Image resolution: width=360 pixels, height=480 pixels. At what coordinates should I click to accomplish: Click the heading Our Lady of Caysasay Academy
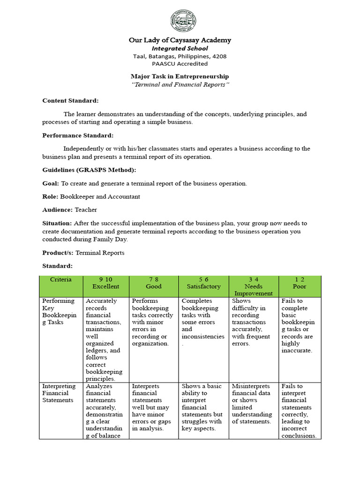coord(180,40)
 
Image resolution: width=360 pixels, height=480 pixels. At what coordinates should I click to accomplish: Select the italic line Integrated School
coord(180,48)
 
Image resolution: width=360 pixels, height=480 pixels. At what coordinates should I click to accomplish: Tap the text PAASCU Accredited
coord(180,64)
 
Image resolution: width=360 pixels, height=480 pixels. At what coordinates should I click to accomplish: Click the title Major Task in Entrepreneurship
coord(180,76)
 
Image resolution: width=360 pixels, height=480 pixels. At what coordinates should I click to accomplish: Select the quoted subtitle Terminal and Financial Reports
coord(180,84)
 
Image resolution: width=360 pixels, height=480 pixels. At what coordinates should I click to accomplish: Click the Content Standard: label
coord(70,101)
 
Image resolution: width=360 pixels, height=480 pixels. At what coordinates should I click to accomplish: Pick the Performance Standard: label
coord(78,135)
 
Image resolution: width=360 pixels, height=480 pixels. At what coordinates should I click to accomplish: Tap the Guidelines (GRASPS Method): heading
coord(89,170)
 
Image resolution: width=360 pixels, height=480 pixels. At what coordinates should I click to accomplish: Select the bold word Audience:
coord(58,210)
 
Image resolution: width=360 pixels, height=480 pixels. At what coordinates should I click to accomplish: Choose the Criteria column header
coord(61,280)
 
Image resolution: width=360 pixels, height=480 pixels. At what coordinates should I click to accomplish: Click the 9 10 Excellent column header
coord(106,283)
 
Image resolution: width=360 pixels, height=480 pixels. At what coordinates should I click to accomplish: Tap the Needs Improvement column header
coord(254,286)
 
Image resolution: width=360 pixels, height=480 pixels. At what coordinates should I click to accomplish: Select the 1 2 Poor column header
coord(300,283)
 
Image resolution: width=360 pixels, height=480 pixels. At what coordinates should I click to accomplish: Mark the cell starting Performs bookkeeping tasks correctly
coord(153,322)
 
